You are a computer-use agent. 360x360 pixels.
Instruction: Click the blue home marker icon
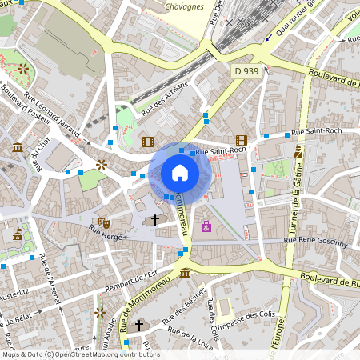tap(180, 173)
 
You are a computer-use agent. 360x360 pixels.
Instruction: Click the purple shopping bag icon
tap(206, 226)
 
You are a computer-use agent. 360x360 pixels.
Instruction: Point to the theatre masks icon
tap(103, 222)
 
